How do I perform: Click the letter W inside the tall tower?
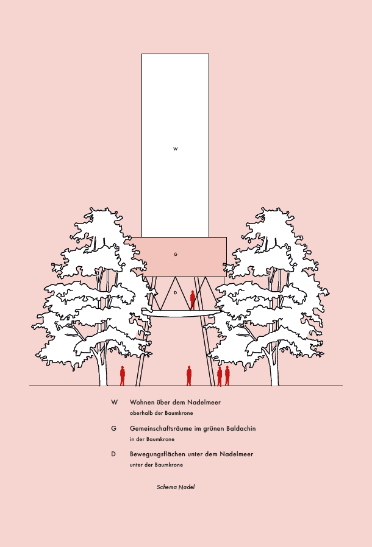[x=175, y=149]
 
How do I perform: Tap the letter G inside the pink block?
[x=175, y=254]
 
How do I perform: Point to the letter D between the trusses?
[x=175, y=293]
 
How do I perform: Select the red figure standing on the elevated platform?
[x=193, y=300]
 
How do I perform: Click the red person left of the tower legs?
[x=123, y=375]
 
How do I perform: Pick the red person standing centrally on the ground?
[x=189, y=375]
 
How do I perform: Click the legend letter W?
[x=114, y=403]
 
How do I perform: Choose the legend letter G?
[x=114, y=429]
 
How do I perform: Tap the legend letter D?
[x=114, y=454]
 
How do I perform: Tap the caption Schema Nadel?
[x=176, y=487]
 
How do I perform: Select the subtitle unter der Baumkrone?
[x=156, y=465]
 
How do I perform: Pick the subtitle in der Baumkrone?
[x=152, y=439]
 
